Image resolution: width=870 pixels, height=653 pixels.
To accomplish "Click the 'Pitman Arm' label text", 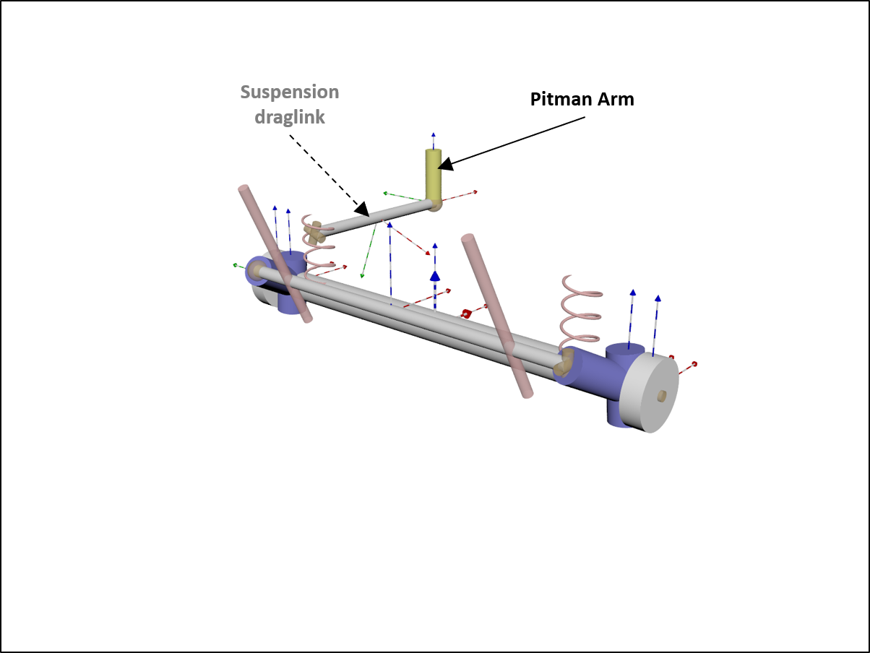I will coord(582,100).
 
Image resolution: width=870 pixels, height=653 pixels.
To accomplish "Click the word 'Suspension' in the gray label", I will coord(289,92).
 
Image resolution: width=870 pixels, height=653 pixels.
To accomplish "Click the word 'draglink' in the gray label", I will coord(289,117).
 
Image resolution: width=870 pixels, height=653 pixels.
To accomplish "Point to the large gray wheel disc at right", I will coord(650,394).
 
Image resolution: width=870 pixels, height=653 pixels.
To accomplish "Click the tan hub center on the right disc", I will coord(661,395).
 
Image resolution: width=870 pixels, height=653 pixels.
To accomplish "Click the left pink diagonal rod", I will coord(275,253).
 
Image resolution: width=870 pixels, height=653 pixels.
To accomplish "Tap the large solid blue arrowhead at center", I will coord(435,276).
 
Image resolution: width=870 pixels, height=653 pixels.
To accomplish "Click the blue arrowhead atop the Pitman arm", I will coord(434,135).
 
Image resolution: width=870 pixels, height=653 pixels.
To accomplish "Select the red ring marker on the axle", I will coord(467,314).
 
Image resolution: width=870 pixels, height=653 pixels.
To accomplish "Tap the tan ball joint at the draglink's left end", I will coord(314,233).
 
